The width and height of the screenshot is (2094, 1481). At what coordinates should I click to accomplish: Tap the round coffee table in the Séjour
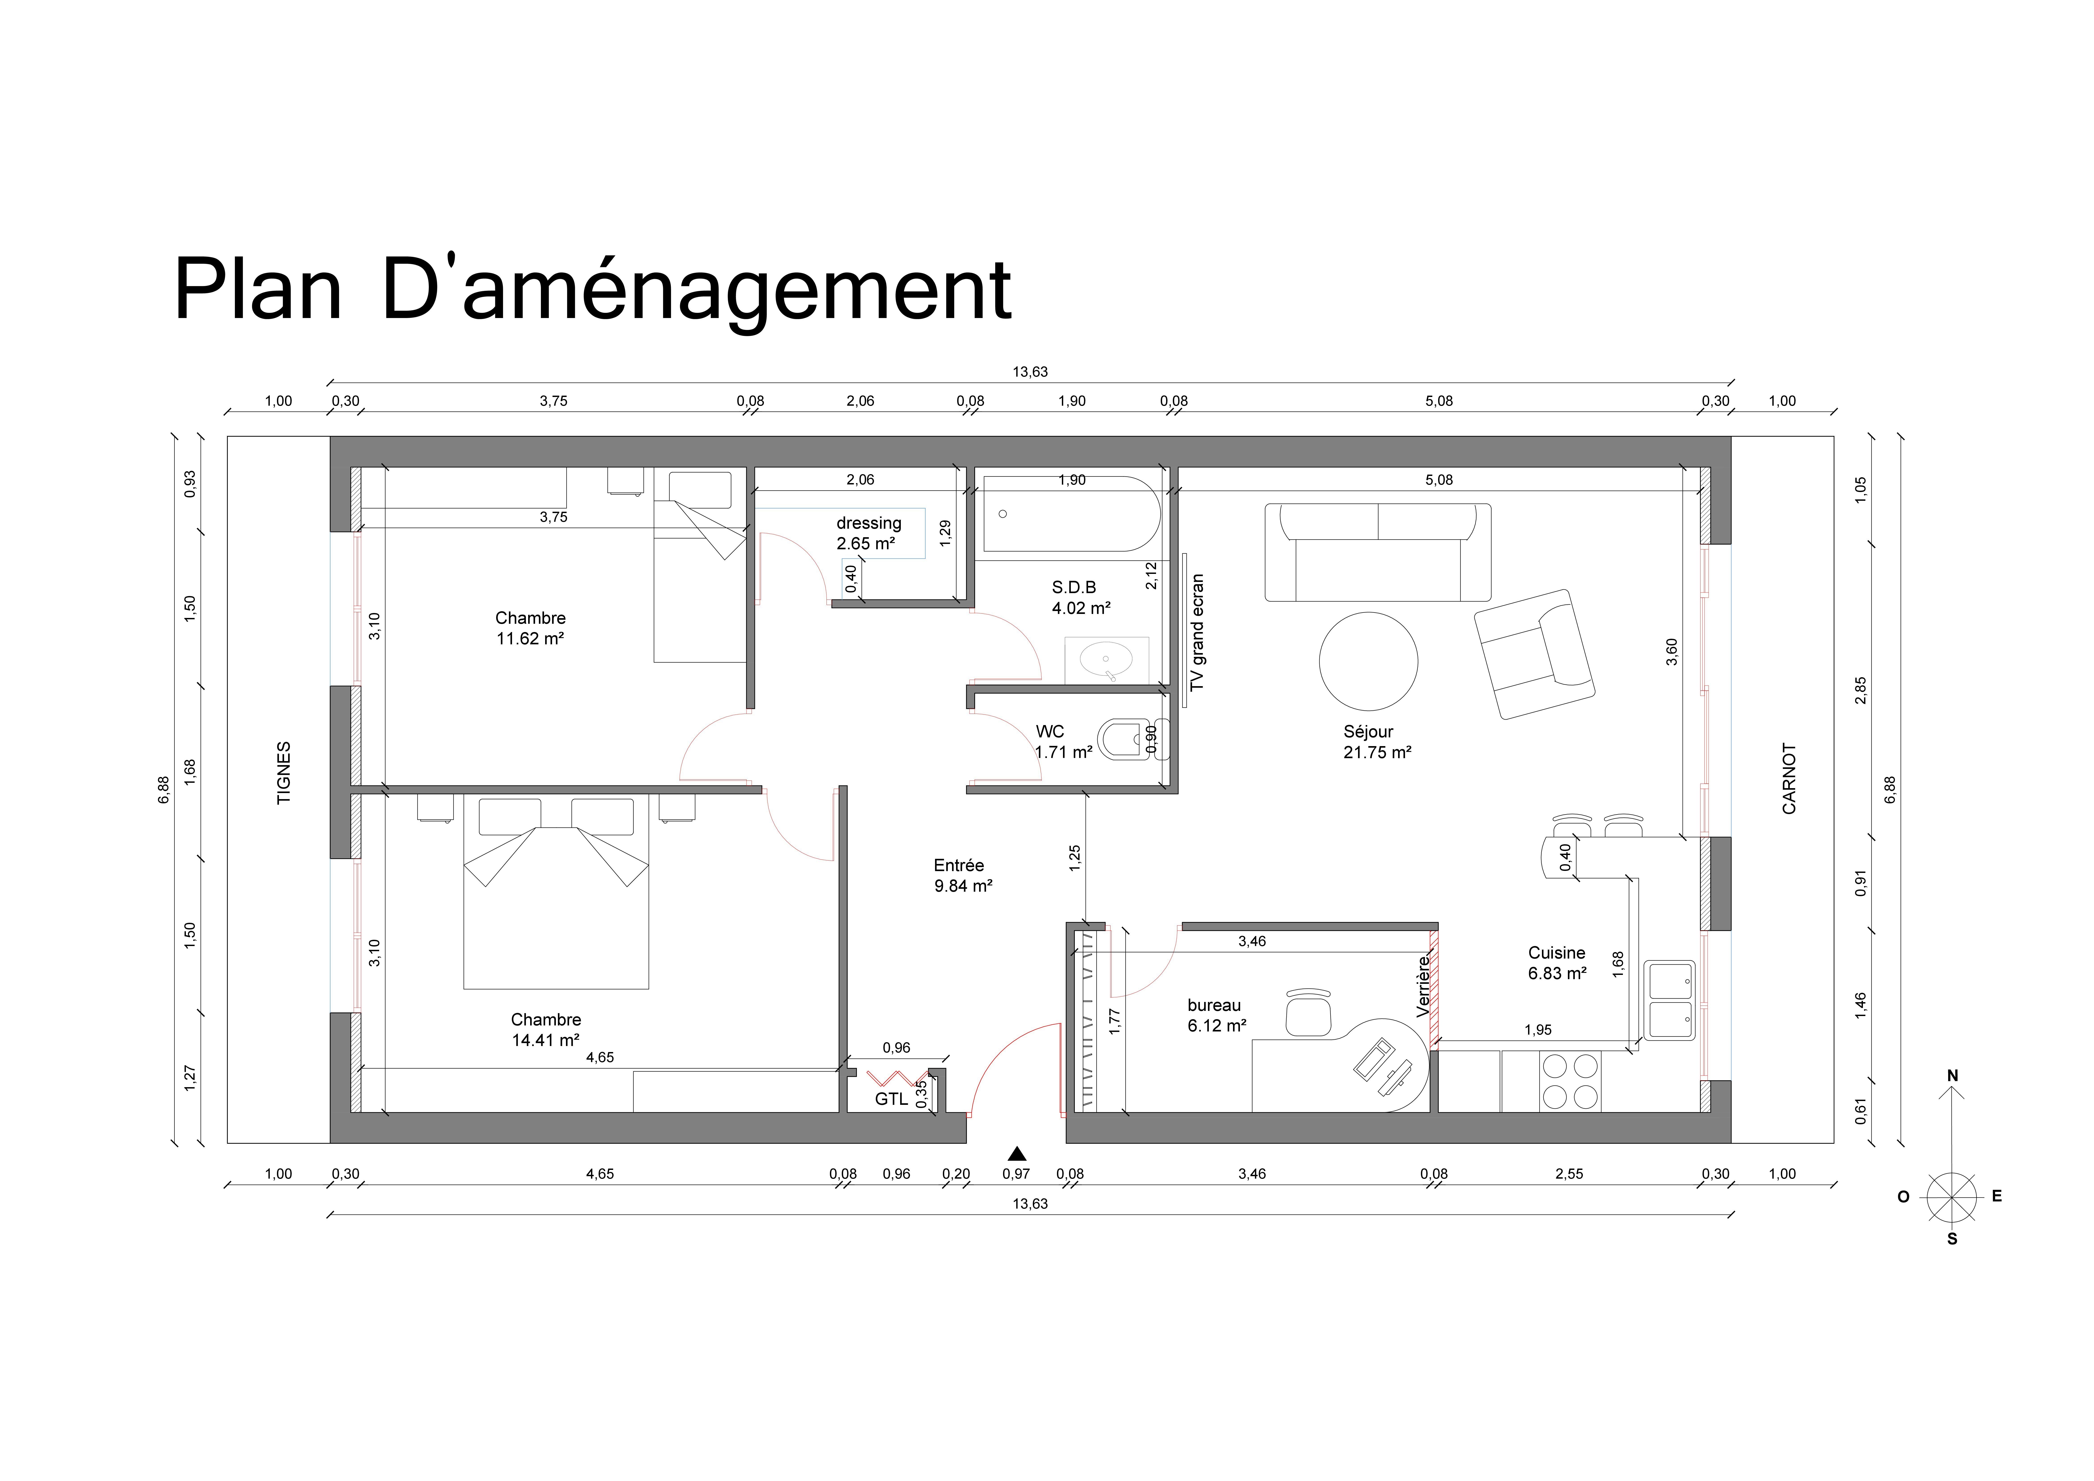(x=1368, y=661)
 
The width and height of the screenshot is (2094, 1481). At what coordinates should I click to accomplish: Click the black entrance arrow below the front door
(x=1017, y=1154)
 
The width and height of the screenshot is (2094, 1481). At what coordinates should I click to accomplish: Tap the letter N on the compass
(x=1953, y=1076)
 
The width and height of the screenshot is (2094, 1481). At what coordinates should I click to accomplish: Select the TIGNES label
(x=284, y=772)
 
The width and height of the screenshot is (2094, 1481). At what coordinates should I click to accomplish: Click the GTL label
(x=891, y=1099)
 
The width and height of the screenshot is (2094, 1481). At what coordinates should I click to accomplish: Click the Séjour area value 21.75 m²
(x=1377, y=752)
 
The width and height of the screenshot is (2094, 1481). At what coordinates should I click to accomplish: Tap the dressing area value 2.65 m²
(x=865, y=543)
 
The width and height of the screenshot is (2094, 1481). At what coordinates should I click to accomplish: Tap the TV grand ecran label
(x=1197, y=632)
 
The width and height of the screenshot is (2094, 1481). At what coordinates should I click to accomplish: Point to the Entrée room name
(x=959, y=866)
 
